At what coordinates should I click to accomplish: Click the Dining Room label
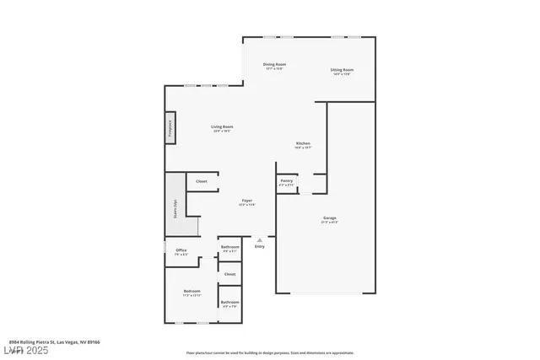[274, 65]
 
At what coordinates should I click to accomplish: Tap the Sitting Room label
[342, 70]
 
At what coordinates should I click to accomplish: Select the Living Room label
[222, 127]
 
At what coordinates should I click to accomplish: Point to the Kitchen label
[304, 144]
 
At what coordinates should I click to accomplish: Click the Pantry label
[286, 181]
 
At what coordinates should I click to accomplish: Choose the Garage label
[329, 218]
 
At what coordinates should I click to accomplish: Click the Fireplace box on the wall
[170, 128]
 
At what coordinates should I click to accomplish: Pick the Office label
[181, 250]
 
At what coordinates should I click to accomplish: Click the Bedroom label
[192, 292]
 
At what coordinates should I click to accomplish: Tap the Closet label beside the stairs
[202, 181]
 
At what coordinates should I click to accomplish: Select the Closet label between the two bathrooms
[229, 274]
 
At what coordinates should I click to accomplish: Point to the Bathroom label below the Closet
[229, 303]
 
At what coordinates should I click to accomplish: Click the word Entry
[259, 246]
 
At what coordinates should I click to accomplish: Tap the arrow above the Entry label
[259, 239]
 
